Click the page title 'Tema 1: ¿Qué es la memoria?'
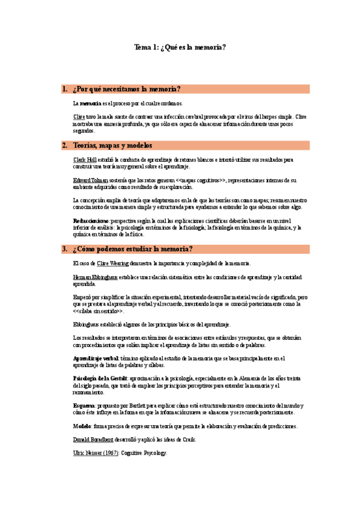coord(180,48)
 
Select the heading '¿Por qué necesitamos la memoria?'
coord(126,89)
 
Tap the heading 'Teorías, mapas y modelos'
coord(112,146)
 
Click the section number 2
coord(64,146)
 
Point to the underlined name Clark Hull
coord(84,160)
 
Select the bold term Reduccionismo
coord(91,221)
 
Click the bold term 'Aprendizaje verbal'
coord(95,358)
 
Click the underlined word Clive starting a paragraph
coord(79,116)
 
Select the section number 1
coord(64,89)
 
